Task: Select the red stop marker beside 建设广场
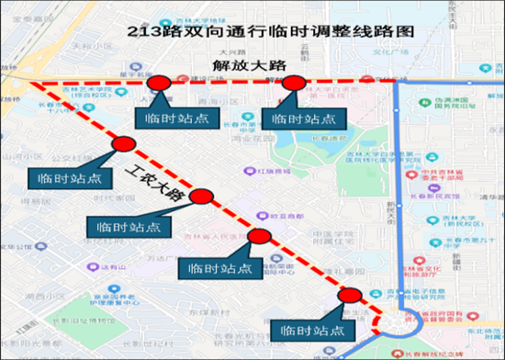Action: coord(160,84)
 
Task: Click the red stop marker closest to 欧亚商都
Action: coord(259,236)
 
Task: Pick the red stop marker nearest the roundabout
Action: coord(350,295)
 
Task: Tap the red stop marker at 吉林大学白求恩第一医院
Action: coord(293,84)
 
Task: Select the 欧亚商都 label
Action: coord(269,217)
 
